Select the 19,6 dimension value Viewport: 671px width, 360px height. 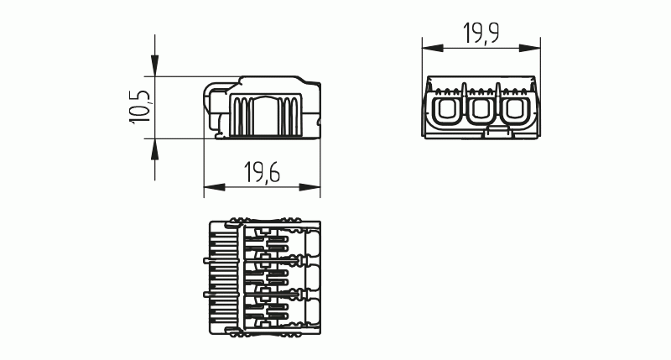262,173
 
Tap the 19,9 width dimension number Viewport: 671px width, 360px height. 481,34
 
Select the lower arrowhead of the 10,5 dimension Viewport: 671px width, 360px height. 155,148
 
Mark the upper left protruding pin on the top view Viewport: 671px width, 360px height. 205,261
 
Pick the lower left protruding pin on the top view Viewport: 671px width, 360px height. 205,295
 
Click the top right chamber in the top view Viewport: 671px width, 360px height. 312,243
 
